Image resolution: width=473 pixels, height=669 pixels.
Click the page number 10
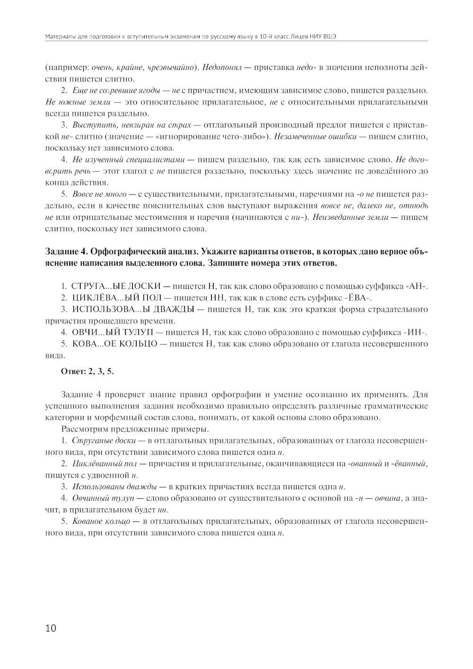[50, 628]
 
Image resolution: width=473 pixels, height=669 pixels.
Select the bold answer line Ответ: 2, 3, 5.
[88, 371]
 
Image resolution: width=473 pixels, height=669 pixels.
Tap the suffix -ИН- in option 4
[416, 332]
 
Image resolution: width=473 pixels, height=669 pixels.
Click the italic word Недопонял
[221, 68]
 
